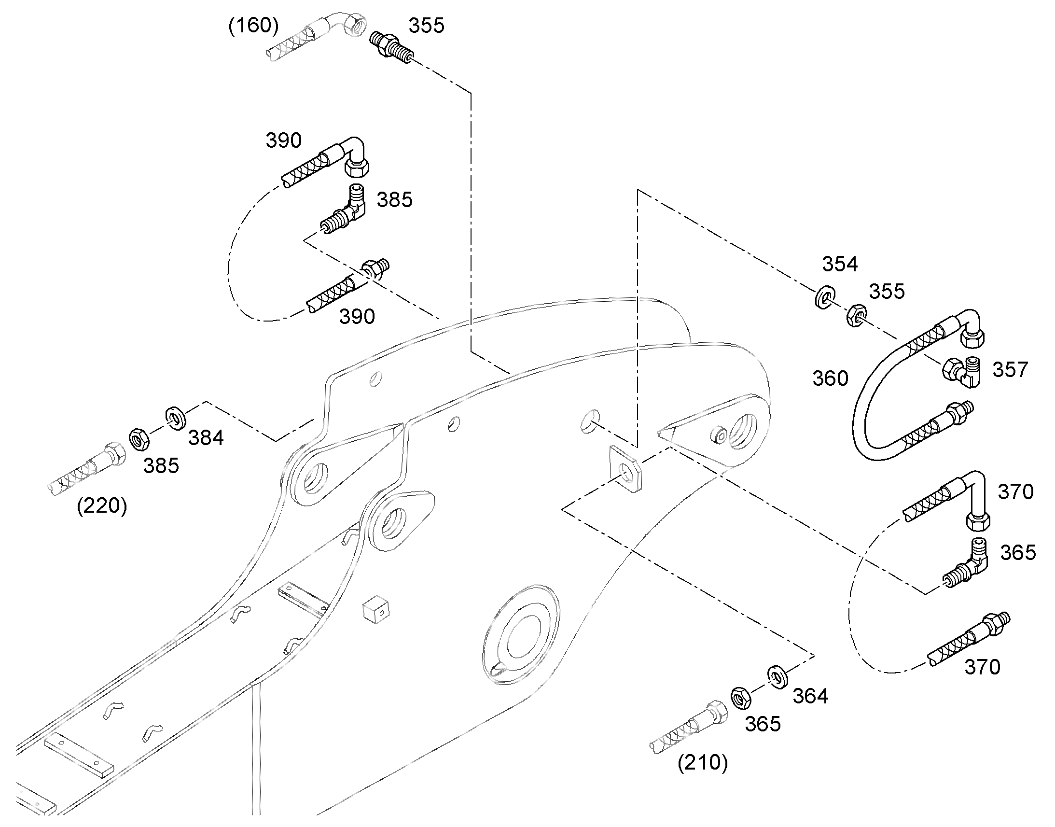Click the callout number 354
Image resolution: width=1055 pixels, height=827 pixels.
[840, 264]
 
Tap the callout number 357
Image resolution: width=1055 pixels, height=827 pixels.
[1010, 369]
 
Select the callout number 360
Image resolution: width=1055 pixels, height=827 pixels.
[830, 378]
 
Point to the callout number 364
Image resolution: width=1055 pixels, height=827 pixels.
[810, 696]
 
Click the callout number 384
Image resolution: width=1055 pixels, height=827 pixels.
[206, 438]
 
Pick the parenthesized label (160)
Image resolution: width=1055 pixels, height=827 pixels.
[253, 25]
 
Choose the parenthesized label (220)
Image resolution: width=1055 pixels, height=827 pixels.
[102, 505]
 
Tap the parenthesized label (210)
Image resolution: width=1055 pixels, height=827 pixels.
[703, 762]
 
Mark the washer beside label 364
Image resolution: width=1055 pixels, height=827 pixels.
[777, 677]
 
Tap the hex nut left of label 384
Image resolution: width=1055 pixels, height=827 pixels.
[139, 439]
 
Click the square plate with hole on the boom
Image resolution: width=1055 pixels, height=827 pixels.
[626, 469]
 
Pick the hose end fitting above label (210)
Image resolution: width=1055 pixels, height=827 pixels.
[689, 726]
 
